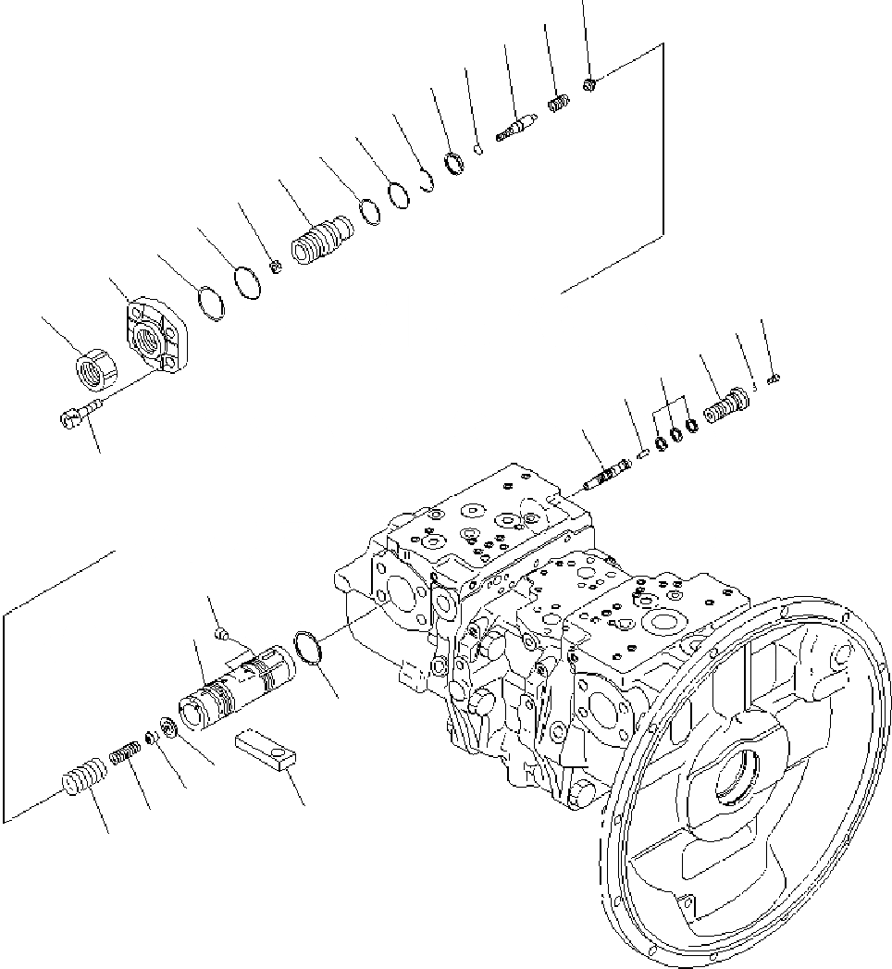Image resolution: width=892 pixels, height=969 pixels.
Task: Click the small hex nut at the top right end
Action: tap(589, 85)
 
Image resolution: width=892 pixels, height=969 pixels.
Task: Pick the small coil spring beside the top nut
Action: tap(557, 106)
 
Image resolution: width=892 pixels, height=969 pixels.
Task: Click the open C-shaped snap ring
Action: tap(427, 181)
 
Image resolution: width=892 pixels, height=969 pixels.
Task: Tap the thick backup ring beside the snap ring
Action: tap(453, 166)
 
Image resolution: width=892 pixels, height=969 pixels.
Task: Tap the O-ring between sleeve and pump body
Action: tap(306, 647)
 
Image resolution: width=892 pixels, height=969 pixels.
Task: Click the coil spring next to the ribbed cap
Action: tap(123, 755)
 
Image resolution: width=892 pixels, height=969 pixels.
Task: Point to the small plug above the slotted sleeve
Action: tap(219, 634)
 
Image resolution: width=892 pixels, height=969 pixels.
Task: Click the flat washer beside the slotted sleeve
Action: tap(169, 727)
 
